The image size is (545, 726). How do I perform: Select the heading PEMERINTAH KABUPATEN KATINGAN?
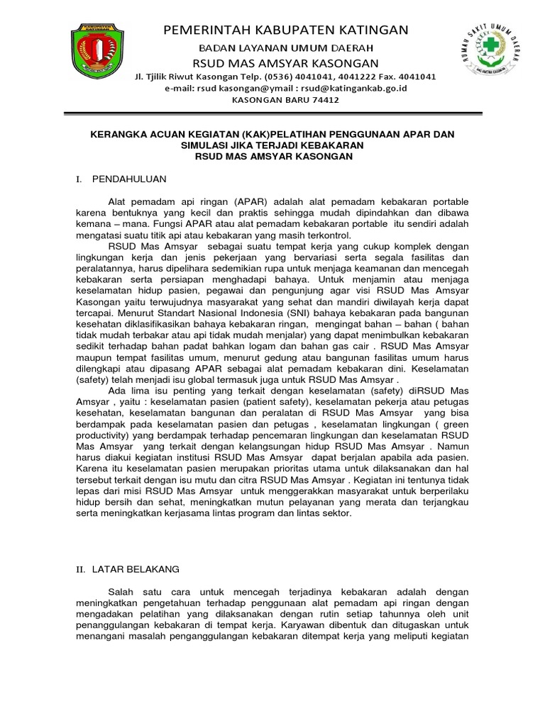(x=286, y=30)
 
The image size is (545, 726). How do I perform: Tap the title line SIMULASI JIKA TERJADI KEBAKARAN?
(x=273, y=145)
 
